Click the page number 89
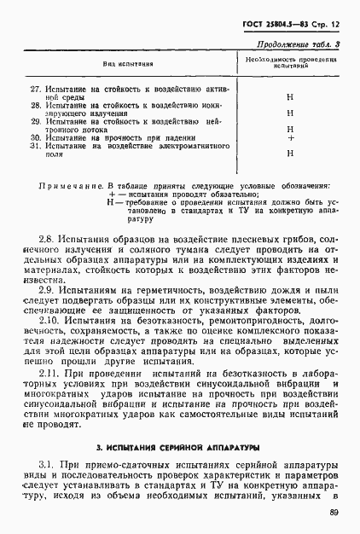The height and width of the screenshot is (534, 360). pyautogui.click(x=332, y=512)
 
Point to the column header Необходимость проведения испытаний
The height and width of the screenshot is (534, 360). pyautogui.click(x=292, y=63)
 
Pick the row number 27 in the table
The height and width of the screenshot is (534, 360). pyautogui.click(x=34, y=89)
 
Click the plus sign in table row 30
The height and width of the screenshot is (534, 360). pyautogui.click(x=290, y=137)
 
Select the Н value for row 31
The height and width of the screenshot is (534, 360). pyautogui.click(x=290, y=153)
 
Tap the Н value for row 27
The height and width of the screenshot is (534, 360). pyautogui.click(x=290, y=97)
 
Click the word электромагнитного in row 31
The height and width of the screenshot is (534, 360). pyautogui.click(x=192, y=146)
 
